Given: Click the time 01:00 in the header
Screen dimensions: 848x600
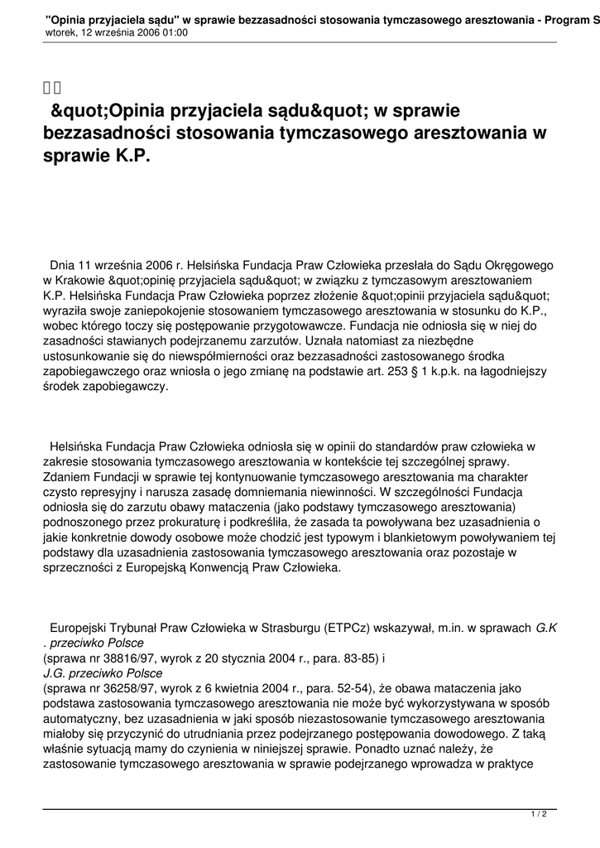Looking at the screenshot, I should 173,33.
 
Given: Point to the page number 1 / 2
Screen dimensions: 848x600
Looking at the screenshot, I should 539,815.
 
